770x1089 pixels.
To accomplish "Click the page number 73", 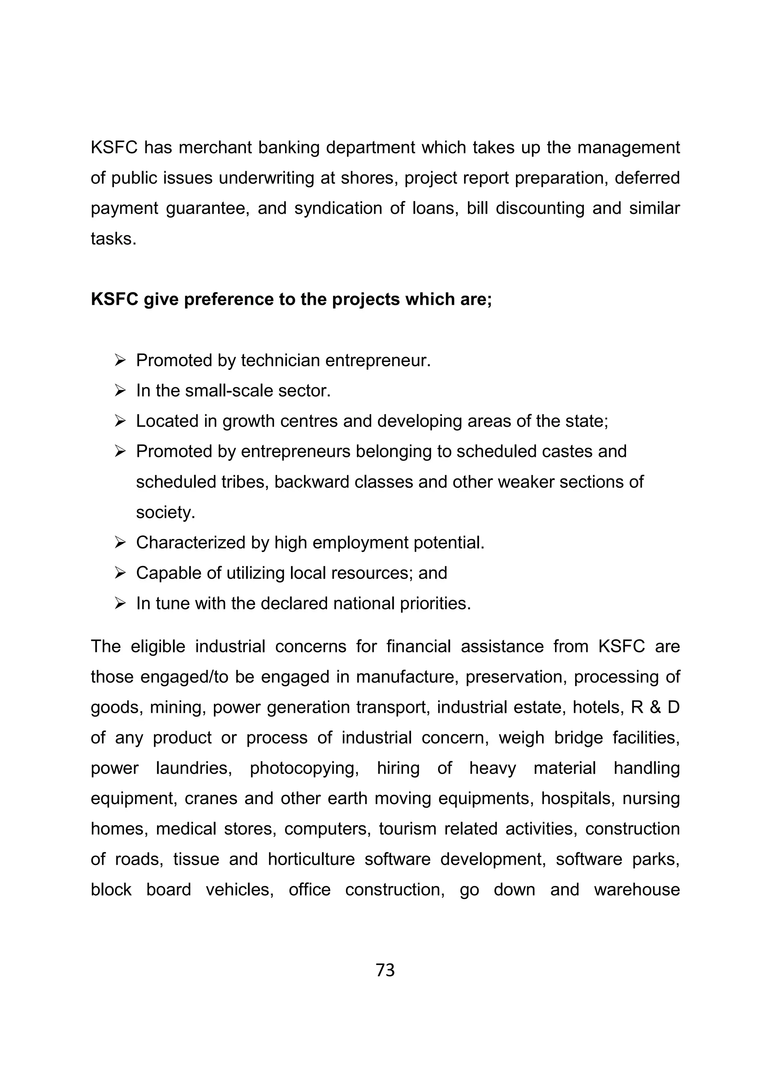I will pyautogui.click(x=385, y=970).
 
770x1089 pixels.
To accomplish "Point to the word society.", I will pyautogui.click(x=165, y=512).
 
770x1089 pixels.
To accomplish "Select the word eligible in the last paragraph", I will pyautogui.click(x=158, y=646).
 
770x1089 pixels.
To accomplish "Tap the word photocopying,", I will pyautogui.click(x=304, y=768).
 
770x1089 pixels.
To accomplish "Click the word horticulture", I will pyautogui.click(x=311, y=859).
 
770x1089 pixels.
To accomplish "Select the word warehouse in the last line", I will pyautogui.click(x=637, y=889).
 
